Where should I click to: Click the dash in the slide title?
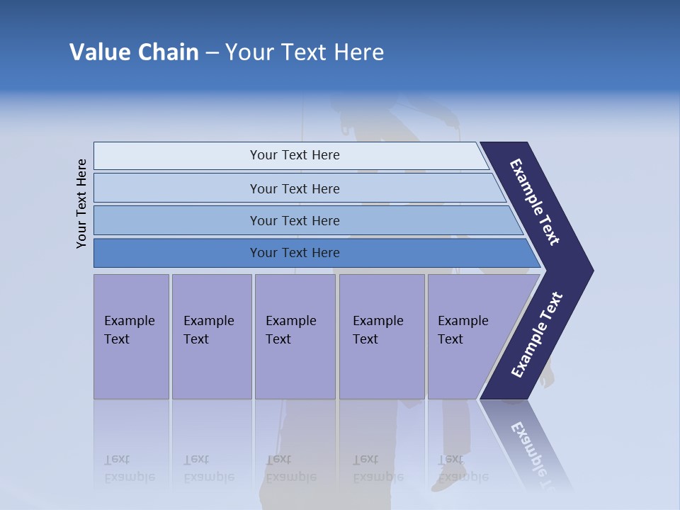coord(212,52)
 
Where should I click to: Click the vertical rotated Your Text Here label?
coord(81,203)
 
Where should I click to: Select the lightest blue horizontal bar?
coord(294,155)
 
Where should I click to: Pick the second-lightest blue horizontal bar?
coord(294,188)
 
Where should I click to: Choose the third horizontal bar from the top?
coord(294,220)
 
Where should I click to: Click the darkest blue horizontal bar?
coord(294,253)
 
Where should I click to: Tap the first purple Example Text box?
coord(131,336)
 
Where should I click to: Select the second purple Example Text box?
coord(212,336)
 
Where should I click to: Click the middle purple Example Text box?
coord(295,336)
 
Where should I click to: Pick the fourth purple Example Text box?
coord(382,336)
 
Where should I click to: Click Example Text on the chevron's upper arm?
coord(535,202)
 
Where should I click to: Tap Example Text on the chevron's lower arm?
coord(536,335)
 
